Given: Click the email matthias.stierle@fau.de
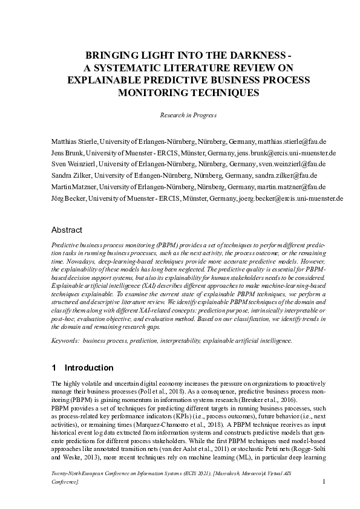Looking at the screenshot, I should click(292, 141).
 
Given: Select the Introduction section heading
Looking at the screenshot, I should click(88, 368).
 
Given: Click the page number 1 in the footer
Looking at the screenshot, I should click(325, 481).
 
